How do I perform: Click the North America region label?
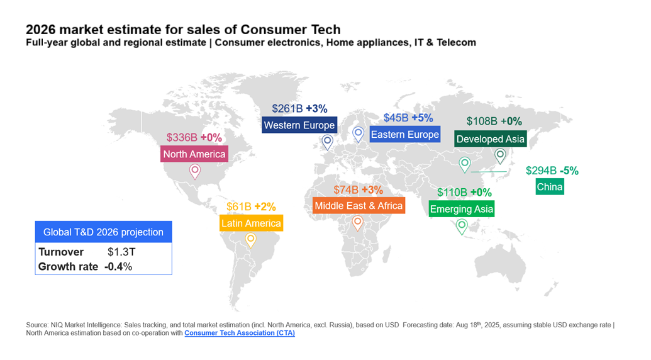tap(194, 154)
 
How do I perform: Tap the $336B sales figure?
tap(182, 137)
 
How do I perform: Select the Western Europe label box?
tap(299, 125)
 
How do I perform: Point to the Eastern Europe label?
tap(404, 135)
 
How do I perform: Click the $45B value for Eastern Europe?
tap(396, 118)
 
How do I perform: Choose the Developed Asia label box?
tap(490, 139)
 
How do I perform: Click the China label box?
tap(550, 187)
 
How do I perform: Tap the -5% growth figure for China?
tap(569, 171)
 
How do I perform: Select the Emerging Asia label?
tap(462, 209)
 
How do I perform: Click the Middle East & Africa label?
tap(359, 206)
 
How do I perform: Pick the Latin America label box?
tap(251, 223)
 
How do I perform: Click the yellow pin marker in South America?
tap(250, 239)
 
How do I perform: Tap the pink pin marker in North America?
tap(195, 171)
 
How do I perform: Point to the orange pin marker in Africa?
tap(357, 222)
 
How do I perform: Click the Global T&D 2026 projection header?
tap(103, 232)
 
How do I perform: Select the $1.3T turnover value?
tap(121, 252)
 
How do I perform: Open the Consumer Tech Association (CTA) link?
tap(239, 333)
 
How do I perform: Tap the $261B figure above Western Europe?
tap(287, 109)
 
